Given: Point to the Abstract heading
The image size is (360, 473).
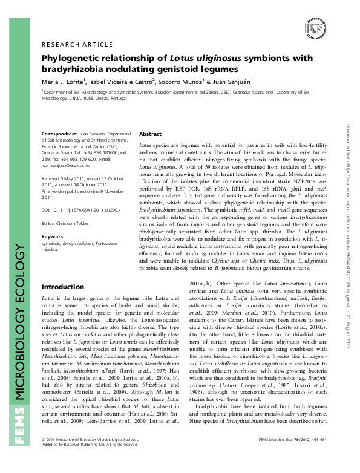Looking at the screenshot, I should coord(150,134).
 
